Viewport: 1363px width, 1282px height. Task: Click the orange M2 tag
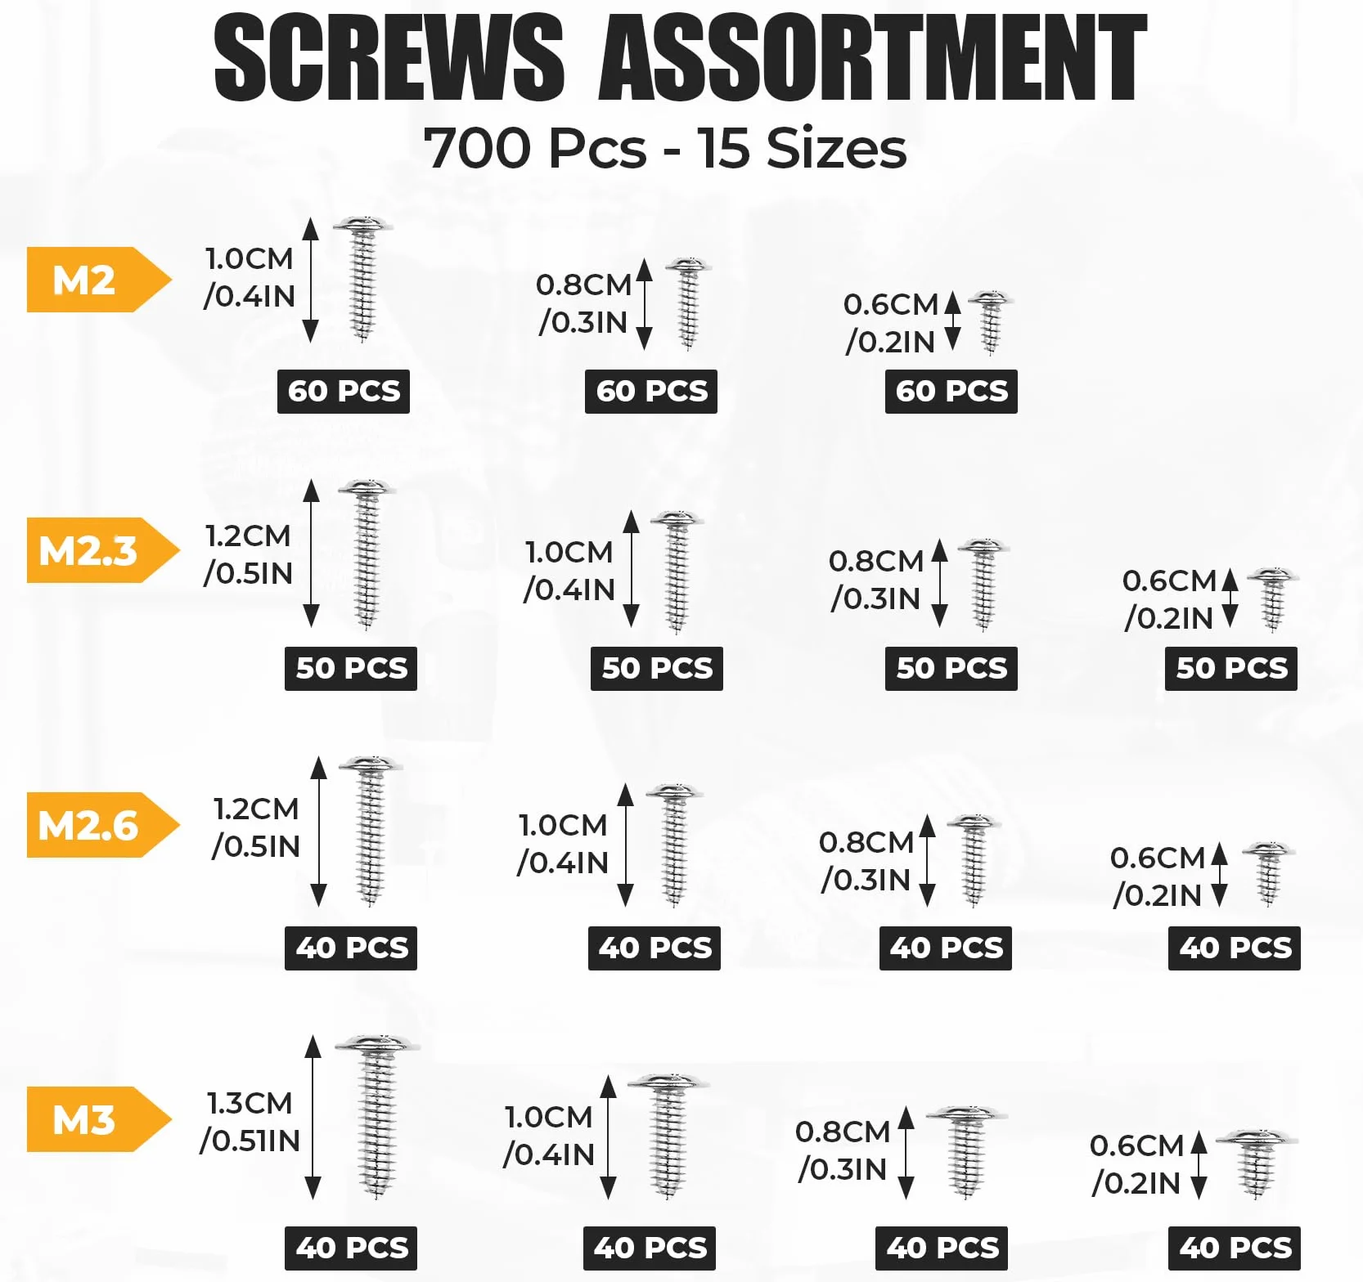(98, 280)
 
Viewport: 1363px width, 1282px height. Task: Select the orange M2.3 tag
(102, 550)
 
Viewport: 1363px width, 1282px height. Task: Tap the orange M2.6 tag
(102, 825)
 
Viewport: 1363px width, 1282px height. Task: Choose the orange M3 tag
(98, 1119)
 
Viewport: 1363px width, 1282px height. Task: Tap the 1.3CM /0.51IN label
(250, 1121)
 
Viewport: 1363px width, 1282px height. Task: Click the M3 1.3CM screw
(377, 1117)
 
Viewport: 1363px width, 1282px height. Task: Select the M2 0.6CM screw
(991, 322)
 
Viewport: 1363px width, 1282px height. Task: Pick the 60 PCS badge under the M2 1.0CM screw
(344, 392)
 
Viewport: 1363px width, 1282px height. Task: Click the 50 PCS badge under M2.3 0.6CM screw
(1231, 669)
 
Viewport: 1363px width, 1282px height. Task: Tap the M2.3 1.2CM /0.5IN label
(248, 554)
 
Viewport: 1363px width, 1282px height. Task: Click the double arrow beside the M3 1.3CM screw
(313, 1117)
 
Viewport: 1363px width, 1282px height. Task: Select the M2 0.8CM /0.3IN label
(583, 303)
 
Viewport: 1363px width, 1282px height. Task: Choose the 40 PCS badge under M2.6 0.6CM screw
(1235, 948)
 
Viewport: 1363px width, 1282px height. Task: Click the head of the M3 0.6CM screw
(1257, 1138)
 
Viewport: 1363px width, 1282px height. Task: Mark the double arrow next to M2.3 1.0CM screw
(631, 569)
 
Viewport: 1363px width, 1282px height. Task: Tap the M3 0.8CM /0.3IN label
(843, 1150)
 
